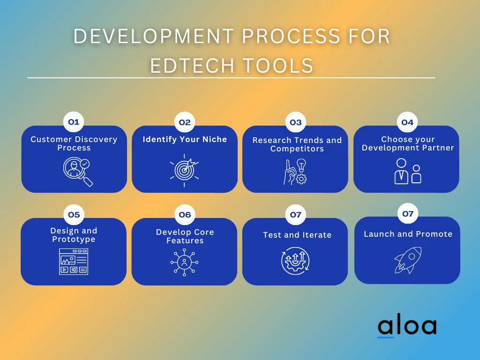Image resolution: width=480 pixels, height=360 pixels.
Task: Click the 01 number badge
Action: [x=74, y=122]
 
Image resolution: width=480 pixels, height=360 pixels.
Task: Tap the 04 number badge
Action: [x=407, y=122]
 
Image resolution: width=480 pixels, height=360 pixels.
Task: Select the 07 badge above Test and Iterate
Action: [x=296, y=215]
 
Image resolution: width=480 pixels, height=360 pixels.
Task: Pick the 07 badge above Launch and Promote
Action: [x=408, y=213]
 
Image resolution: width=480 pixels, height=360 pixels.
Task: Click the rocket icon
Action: [x=408, y=260]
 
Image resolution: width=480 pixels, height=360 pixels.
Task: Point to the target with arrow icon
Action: [x=184, y=170]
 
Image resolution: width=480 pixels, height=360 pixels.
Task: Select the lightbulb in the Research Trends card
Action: [x=301, y=165]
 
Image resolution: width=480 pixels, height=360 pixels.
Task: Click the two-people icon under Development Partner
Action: [x=408, y=171]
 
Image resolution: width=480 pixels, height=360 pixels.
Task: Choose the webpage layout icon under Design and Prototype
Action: [x=74, y=262]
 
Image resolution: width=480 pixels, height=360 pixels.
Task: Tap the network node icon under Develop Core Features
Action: [x=184, y=262]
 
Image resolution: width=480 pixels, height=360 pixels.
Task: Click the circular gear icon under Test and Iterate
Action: [x=295, y=261]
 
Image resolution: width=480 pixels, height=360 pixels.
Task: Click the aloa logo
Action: [x=407, y=326]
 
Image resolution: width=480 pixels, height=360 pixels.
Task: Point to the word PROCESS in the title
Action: [x=291, y=36]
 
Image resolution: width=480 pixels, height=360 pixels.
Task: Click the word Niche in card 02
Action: [x=215, y=139]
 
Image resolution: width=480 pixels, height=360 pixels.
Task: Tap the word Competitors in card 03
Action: [x=297, y=149]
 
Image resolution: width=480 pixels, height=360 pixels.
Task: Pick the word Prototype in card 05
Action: [x=74, y=240]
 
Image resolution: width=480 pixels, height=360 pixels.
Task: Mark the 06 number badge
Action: [x=185, y=215]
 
